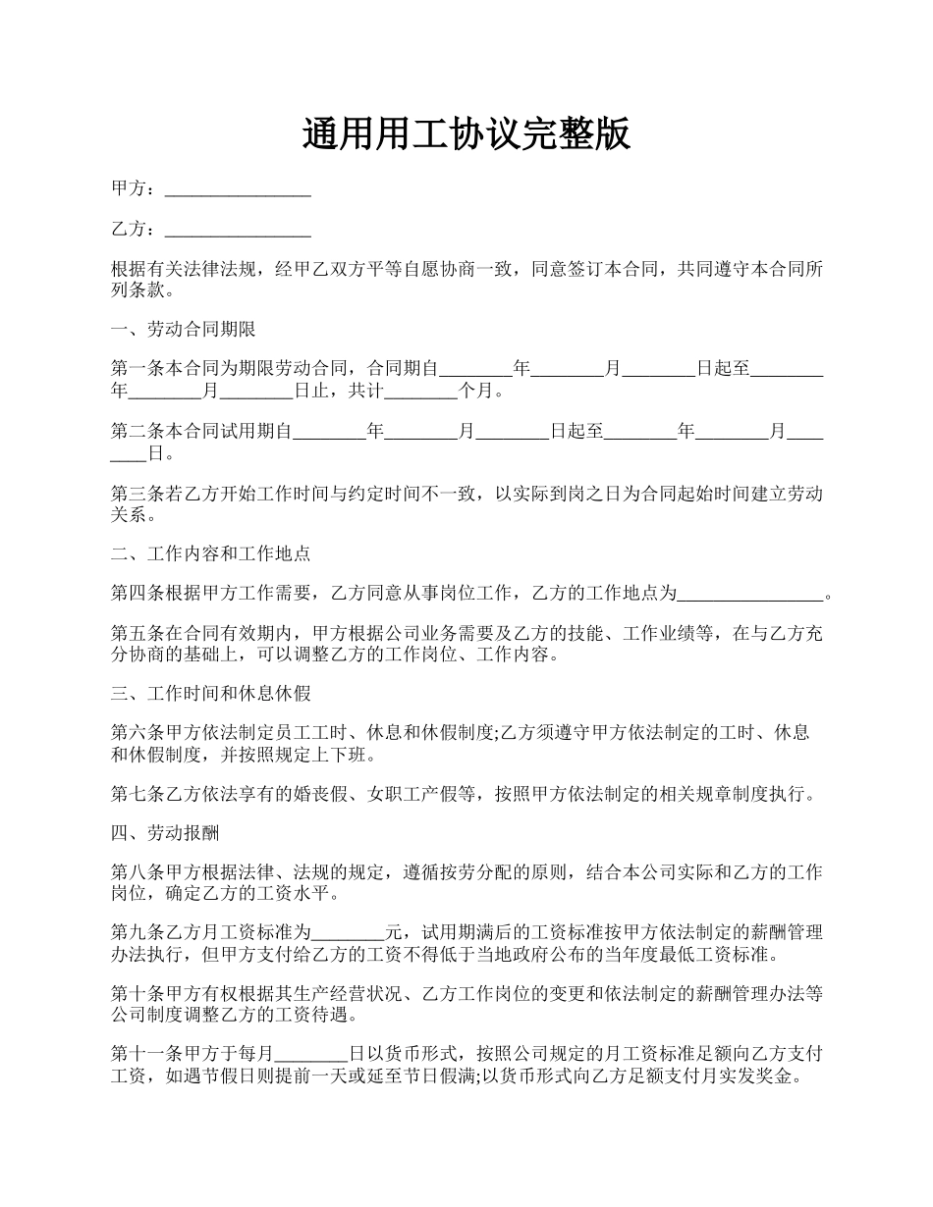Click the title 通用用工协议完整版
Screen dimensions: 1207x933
coord(466,134)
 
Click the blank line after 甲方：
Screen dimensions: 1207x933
coord(238,190)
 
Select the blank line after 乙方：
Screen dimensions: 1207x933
coord(238,232)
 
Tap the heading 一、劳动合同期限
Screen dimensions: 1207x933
coord(184,330)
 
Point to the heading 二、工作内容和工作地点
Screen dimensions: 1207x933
coord(211,553)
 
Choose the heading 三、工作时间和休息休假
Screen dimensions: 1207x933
coord(211,694)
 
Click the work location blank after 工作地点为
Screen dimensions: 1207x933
coord(750,595)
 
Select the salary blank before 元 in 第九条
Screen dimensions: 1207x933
coord(348,932)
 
